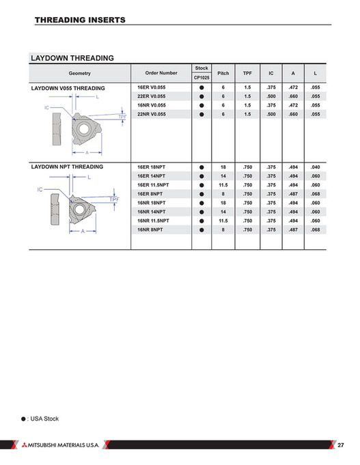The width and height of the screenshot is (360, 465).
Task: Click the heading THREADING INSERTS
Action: (79, 20)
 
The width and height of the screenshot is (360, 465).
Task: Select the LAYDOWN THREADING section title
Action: (72, 58)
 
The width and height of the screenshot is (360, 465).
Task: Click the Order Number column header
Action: (161, 72)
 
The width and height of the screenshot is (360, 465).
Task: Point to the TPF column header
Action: (247, 72)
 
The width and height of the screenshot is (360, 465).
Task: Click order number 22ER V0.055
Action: (151, 97)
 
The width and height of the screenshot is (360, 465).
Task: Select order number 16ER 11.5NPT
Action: (154, 184)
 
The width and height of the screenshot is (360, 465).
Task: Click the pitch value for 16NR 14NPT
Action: (223, 211)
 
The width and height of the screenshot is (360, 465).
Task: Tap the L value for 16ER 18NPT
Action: (314, 167)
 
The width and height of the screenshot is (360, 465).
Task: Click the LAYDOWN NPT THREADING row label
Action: (67, 167)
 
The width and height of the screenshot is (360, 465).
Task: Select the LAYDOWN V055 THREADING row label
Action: (68, 89)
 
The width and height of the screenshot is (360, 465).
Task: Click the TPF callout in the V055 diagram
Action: (122, 117)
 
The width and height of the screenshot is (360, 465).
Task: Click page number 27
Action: (341, 445)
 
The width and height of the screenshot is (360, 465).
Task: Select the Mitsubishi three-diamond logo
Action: (22, 445)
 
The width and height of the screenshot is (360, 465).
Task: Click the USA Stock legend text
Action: (45, 418)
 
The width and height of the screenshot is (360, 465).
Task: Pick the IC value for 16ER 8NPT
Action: (271, 193)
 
